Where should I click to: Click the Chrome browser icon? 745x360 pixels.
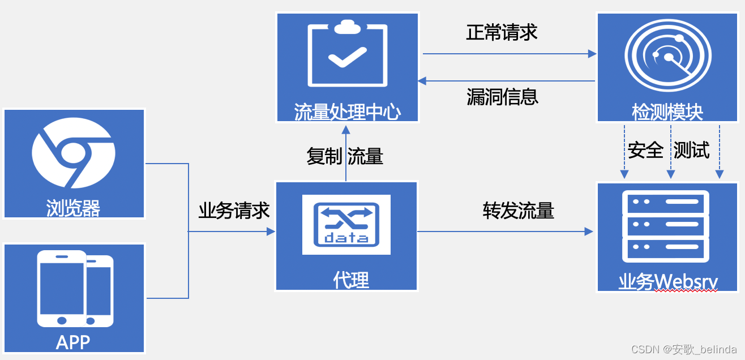coord(74,153)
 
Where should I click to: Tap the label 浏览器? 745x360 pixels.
coord(74,208)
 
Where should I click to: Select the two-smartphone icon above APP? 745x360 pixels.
coord(75,289)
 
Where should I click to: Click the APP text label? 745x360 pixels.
coord(73,342)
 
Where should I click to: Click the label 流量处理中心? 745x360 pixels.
coord(347,112)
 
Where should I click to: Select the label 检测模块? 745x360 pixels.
coord(667,112)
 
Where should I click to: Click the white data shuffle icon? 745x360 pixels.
coord(346,224)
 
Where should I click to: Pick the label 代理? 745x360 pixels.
coord(351,279)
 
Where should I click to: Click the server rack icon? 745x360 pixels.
coord(666,227)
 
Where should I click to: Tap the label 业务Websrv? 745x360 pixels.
coord(668,281)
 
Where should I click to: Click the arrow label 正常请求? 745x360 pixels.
coord(502,32)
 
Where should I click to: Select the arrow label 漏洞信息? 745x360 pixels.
coord(502,96)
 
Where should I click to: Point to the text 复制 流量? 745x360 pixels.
coord(345,156)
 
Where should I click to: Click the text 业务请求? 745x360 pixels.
coord(234,211)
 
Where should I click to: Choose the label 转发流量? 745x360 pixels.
coord(518,211)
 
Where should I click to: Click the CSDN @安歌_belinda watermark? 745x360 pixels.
coord(684,349)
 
